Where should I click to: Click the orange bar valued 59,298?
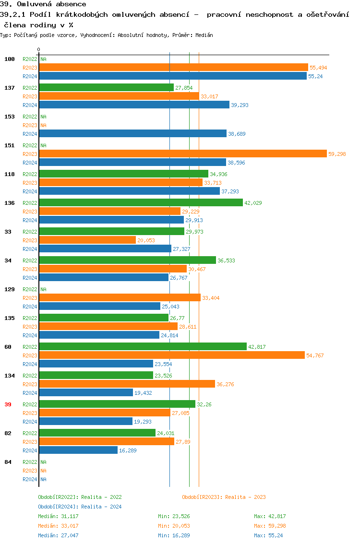tap(182, 154)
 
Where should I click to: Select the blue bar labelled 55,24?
tap(172, 76)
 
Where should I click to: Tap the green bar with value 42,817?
tap(143, 346)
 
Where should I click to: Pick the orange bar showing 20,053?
tap(87, 240)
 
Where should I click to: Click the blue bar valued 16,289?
tap(78, 450)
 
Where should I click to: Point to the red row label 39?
tap(8, 404)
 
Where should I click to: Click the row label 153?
tap(9, 117)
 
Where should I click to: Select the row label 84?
tap(8, 462)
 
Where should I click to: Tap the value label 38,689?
tap(237, 134)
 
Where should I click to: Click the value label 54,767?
tap(315, 355)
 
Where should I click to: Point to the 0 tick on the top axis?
tap(39, 49)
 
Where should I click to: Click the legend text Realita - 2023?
tap(245, 497)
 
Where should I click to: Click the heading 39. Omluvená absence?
tap(43, 4)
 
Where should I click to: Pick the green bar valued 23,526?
tap(96, 375)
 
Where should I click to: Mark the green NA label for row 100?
tap(43, 59)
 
